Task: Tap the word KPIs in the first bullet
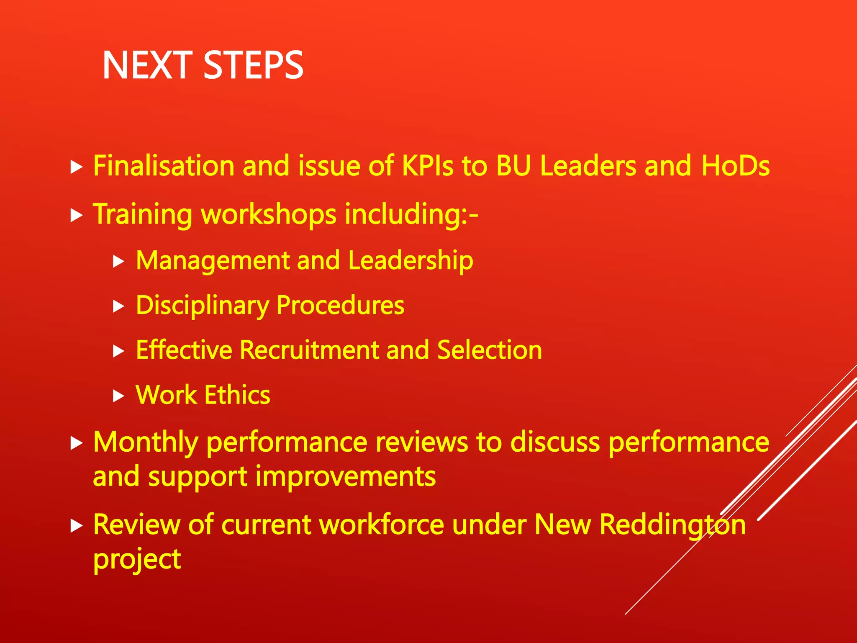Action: point(427,165)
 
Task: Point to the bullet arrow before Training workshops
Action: point(76,215)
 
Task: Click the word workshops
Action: point(269,214)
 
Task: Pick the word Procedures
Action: point(340,306)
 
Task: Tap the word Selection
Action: point(489,350)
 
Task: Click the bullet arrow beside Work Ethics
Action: point(119,396)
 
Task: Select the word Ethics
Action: point(237,395)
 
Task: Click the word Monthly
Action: point(145,442)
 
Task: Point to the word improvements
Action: point(345,476)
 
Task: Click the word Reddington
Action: point(672,525)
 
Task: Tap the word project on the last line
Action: point(137,560)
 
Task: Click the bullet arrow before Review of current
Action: point(76,525)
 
